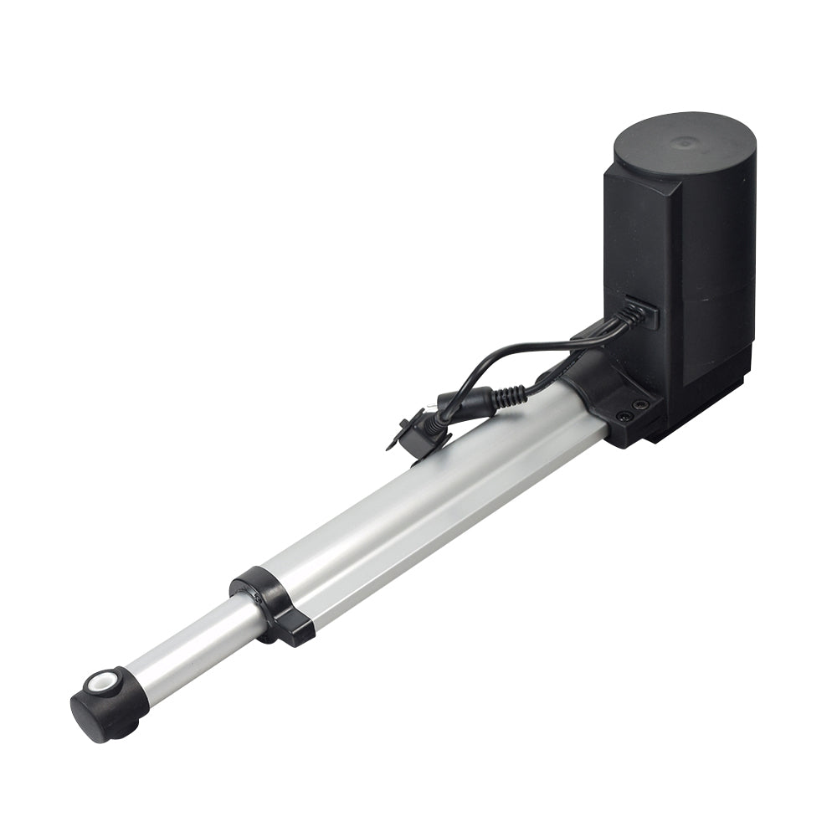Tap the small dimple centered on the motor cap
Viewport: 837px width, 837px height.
(686, 143)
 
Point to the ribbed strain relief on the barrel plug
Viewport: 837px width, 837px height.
(506, 397)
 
